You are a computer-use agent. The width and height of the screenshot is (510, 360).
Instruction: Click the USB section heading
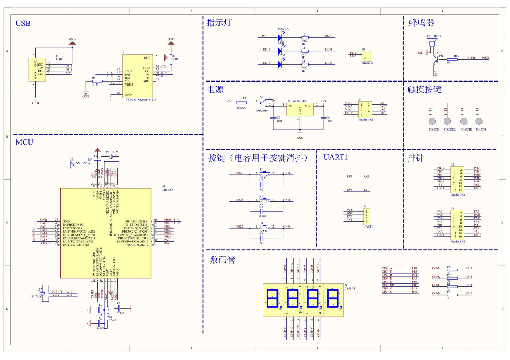pos(23,24)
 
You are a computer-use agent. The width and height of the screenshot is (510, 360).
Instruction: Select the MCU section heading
pos(24,142)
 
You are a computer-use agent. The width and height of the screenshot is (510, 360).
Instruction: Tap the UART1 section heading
pos(336,157)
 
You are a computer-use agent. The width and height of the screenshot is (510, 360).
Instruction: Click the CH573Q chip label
pos(167,190)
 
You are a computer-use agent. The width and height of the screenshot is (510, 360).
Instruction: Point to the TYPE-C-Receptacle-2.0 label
pos(141,100)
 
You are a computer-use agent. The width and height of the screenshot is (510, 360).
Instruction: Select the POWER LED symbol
pos(280,37)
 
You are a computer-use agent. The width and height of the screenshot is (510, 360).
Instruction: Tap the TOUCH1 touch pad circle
pos(432,121)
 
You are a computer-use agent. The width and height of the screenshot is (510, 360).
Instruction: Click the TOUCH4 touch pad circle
pos(479,121)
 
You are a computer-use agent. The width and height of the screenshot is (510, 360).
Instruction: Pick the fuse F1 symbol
pos(241,103)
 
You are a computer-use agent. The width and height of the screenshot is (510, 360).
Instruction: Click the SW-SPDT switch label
pos(263,111)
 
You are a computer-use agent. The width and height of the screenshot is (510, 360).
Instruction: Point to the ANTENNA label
pos(83,163)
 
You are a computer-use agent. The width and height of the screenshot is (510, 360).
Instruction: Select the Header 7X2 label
pos(458,195)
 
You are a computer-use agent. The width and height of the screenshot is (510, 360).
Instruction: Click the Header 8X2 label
pos(458,241)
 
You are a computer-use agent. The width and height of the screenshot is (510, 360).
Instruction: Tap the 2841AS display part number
pos(350,288)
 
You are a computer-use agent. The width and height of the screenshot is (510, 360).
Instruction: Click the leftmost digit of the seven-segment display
pos(272,298)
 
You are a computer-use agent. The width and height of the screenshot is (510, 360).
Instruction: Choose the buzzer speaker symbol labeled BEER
pos(432,43)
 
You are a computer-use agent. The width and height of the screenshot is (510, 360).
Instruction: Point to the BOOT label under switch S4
pos(263,231)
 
